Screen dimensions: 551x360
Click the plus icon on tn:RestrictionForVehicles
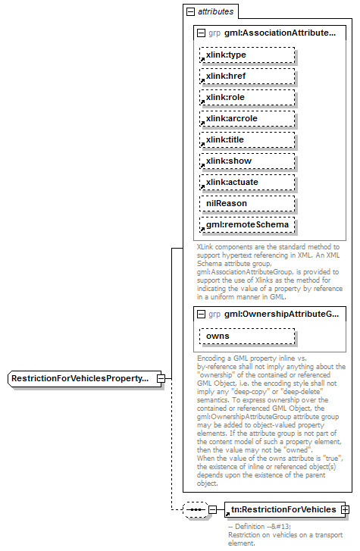[346, 510]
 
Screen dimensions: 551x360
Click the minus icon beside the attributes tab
[189, 12]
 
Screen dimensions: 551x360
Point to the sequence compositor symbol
[196, 510]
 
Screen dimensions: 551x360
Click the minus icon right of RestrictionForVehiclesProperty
[161, 377]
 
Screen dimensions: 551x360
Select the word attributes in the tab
[216, 12]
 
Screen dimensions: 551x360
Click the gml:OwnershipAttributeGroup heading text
[281, 313]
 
